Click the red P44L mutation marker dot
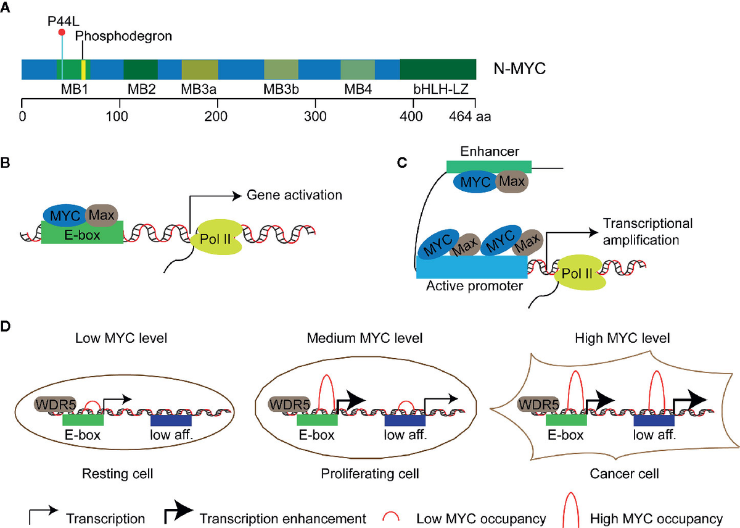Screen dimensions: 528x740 pos(61,32)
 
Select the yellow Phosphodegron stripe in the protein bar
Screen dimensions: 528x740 pos(83,69)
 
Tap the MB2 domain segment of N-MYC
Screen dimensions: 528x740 pos(141,69)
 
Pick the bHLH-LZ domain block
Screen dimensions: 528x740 pos(438,69)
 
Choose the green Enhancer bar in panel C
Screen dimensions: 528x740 pos(489,166)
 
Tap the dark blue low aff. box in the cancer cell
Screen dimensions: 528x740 pos(654,420)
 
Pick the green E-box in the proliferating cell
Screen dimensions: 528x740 pos(317,420)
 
